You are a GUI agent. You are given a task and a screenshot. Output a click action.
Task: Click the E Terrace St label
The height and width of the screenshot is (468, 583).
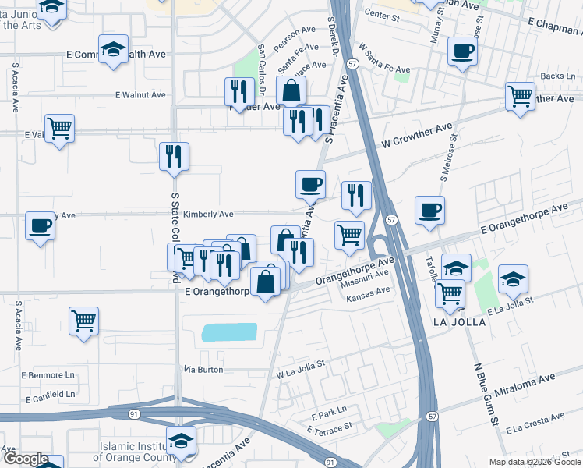coord(330,428)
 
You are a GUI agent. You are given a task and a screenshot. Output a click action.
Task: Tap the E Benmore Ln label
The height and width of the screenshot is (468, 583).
coord(48,375)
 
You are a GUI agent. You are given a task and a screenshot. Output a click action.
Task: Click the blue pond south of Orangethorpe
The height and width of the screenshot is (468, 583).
coord(229,332)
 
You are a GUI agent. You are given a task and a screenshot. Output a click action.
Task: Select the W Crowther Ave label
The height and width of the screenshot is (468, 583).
coord(417,136)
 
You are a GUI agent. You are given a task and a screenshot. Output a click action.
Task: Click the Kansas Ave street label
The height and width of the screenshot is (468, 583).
coord(368,292)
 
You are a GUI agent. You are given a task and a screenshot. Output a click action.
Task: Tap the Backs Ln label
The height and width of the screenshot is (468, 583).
coord(557,76)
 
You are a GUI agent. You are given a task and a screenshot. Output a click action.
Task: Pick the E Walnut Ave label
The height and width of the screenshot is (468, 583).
coord(140,95)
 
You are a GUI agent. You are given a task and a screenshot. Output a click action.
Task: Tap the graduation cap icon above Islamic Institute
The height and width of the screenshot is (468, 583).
coord(181,441)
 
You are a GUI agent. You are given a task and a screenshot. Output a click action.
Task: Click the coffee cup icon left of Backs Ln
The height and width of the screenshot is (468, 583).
coord(463,52)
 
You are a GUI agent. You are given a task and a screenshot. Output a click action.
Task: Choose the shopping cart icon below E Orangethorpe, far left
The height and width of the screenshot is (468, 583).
coord(83,320)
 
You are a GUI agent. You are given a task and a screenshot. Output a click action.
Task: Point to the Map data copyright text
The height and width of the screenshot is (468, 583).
coord(535,462)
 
